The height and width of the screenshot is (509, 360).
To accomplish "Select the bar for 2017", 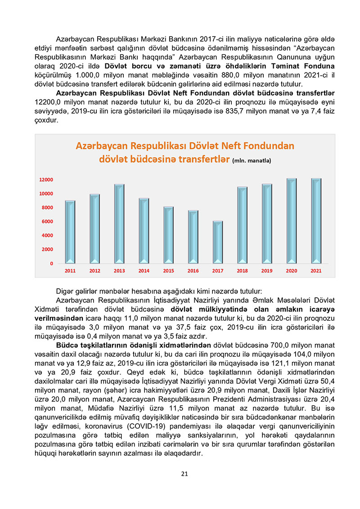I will (217, 242).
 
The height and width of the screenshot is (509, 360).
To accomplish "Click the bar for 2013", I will (119, 223).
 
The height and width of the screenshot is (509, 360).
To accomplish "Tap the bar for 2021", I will (316, 220).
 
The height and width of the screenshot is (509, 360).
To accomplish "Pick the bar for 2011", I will (70, 232).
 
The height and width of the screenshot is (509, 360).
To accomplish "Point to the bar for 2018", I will (242, 225).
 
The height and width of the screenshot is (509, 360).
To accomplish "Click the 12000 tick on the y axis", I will (46, 180).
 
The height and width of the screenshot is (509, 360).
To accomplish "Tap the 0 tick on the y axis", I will (52, 263).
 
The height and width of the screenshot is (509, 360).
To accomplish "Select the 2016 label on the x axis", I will (193, 271).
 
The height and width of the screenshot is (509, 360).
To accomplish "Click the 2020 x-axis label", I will (292, 271).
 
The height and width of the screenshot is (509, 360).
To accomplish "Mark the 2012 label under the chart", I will (94, 271).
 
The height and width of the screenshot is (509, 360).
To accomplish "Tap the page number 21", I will (184, 473).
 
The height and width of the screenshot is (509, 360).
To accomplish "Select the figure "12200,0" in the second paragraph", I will (48, 102).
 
